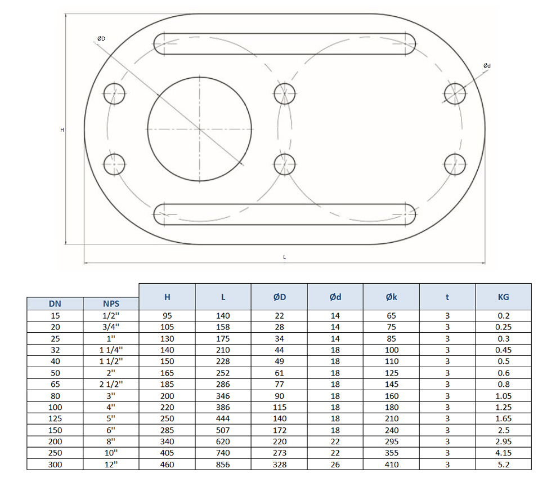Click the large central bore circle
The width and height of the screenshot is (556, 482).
click(199, 129)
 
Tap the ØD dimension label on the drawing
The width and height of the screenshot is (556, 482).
click(101, 38)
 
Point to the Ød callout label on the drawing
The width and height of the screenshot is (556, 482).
click(487, 66)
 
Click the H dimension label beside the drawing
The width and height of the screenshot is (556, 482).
click(62, 130)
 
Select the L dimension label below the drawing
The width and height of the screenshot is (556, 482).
click(285, 257)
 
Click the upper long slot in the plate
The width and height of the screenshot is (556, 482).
click(285, 44)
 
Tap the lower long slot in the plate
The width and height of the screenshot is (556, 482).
click(285, 215)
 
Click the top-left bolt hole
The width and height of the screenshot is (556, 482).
click(115, 93)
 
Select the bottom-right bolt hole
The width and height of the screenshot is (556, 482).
click(455, 164)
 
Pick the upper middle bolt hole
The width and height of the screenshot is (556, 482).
click(285, 93)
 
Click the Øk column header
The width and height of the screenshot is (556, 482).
click(392, 297)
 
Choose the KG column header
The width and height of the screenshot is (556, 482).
click(503, 297)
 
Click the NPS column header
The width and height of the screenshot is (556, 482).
click(111, 304)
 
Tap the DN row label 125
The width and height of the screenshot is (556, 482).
click(55, 418)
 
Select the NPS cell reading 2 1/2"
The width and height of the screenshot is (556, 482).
click(111, 384)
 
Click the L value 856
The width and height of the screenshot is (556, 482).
click(223, 465)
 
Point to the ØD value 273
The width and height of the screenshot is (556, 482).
click(279, 453)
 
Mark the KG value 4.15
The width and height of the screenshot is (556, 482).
click(503, 453)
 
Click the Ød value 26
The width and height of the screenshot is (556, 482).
click(335, 465)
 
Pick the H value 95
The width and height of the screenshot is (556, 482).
click(167, 316)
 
